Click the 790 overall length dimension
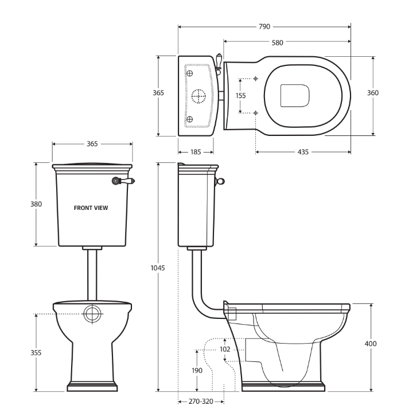(x=264, y=26)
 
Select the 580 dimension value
(x=277, y=42)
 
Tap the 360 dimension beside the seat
(x=373, y=93)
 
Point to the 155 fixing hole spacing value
(x=241, y=96)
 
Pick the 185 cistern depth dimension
(x=196, y=152)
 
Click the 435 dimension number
(x=302, y=152)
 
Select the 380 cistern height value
(x=36, y=204)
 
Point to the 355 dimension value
(x=36, y=353)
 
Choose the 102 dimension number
(x=225, y=349)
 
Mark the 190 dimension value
(x=197, y=371)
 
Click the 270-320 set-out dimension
(x=200, y=402)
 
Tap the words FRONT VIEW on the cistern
(x=91, y=208)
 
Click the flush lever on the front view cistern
(x=123, y=181)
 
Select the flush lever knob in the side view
(x=220, y=182)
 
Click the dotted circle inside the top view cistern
(x=198, y=97)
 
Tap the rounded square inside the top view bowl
(x=295, y=95)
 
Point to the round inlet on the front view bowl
(x=92, y=314)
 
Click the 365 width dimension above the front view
(x=92, y=144)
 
